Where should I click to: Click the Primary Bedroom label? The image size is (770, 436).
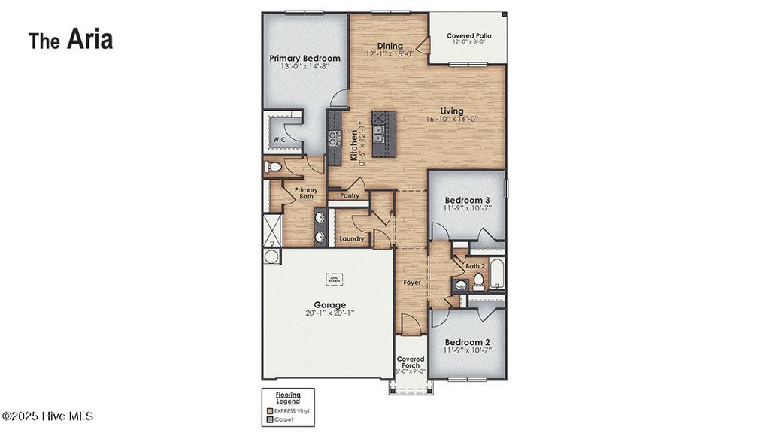tap(305, 58)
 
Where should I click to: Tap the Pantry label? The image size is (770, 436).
tap(350, 195)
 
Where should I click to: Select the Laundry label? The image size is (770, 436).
tap(352, 239)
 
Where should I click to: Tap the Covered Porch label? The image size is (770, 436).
tap(411, 363)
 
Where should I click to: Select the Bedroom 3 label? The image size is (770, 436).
tap(467, 200)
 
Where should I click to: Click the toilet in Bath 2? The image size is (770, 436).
tap(478, 281)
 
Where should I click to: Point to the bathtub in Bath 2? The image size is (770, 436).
tap(498, 274)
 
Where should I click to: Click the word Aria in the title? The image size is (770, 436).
tap(89, 40)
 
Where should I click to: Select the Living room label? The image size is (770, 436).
tap(451, 111)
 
